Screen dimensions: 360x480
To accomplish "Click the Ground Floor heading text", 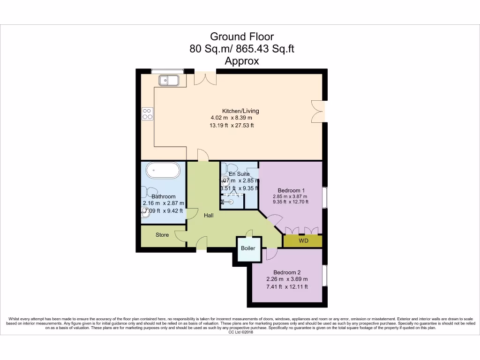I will pyautogui.click(x=241, y=37).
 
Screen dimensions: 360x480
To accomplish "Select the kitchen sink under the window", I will pyautogui.click(x=169, y=80).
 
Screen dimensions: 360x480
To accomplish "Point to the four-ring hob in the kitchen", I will pyautogui.click(x=147, y=113).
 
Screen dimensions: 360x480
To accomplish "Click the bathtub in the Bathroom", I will pyautogui.click(x=163, y=170).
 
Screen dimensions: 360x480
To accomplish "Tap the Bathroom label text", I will pyautogui.click(x=163, y=196).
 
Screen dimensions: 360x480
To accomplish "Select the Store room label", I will pyautogui.click(x=162, y=235).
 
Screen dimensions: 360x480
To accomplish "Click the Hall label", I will pyautogui.click(x=209, y=216).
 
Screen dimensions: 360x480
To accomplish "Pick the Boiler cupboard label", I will pyautogui.click(x=248, y=248).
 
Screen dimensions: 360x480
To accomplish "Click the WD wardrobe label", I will pyautogui.click(x=303, y=241).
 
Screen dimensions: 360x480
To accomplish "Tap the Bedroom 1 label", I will pyautogui.click(x=291, y=190).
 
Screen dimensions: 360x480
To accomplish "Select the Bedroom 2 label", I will pyautogui.click(x=287, y=272).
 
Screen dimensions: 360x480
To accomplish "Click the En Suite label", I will pyautogui.click(x=239, y=174).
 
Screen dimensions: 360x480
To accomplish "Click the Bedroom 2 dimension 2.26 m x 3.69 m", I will pyautogui.click(x=287, y=279).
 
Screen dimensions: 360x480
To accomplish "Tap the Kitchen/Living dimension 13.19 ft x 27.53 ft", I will pyautogui.click(x=232, y=125).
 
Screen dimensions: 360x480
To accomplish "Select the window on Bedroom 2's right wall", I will pyautogui.click(x=324, y=277).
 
